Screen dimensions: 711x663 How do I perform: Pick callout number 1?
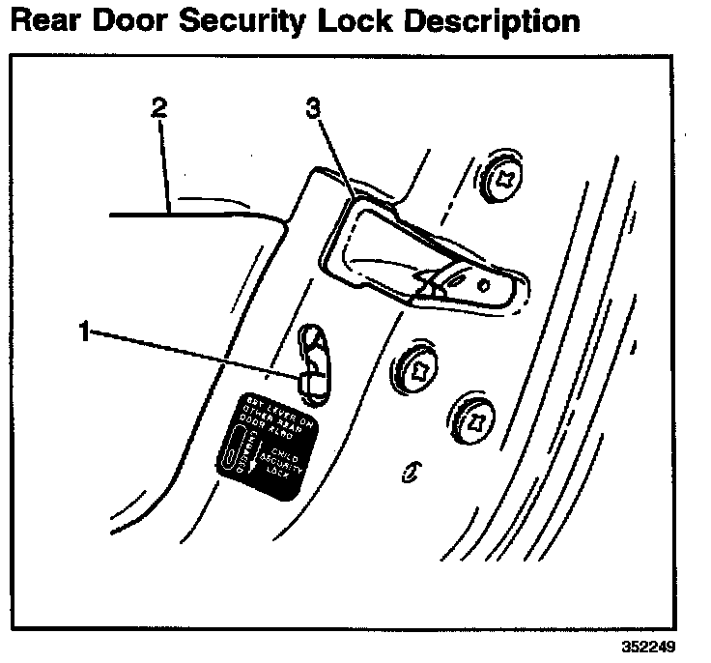[86, 332]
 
